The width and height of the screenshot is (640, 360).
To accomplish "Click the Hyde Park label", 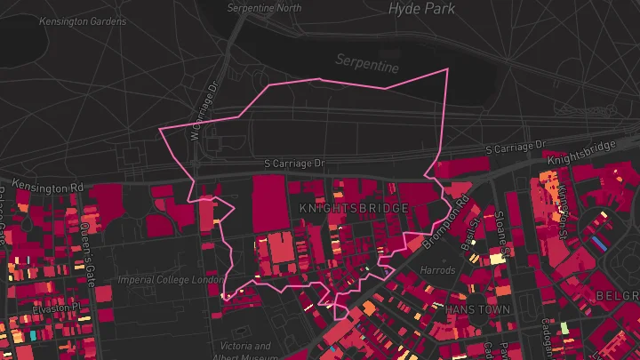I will pyautogui.click(x=421, y=9).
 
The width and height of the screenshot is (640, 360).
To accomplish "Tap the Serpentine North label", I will pyautogui.click(x=265, y=8).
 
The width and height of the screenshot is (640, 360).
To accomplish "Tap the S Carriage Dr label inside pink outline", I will pyautogui.click(x=295, y=164).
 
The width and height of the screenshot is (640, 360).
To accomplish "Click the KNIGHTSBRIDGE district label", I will pyautogui.click(x=354, y=208).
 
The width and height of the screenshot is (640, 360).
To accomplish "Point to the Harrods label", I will pyautogui.click(x=437, y=269).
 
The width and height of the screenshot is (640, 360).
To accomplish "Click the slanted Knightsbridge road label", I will pyautogui.click(x=581, y=154).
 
